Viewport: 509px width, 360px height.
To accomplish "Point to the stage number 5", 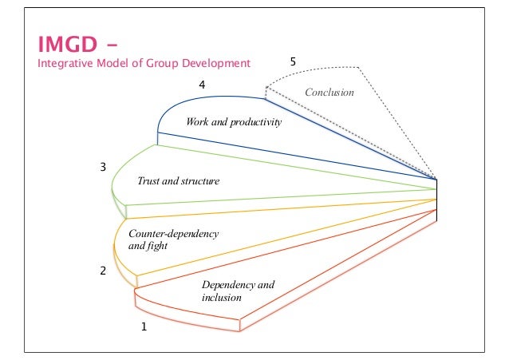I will click(293, 61).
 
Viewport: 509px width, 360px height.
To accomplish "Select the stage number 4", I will click(203, 84).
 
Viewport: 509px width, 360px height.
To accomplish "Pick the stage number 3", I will click(102, 167).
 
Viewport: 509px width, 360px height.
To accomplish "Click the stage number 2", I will click(102, 271).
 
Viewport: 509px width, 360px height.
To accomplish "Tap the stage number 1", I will click(144, 326).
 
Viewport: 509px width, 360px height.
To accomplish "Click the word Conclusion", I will click(329, 93).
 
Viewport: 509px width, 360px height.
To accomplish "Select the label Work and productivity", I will click(234, 123).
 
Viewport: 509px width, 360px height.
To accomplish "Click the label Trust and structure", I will click(178, 181).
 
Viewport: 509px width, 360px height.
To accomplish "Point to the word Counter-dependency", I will click(173, 233).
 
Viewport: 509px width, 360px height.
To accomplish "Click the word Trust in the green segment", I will click(148, 181).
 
